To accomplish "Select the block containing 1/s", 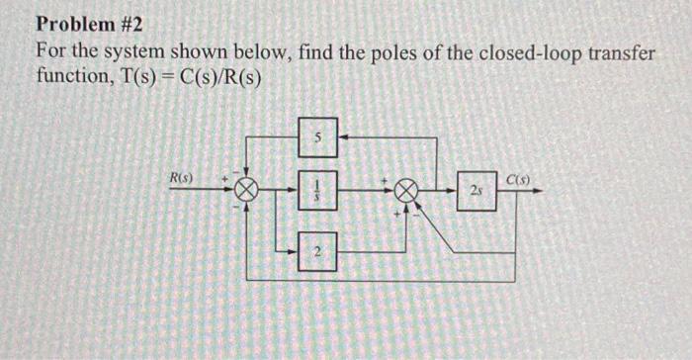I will tap(317, 189).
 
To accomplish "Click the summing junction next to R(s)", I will tap(246, 189).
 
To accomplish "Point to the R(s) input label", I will tap(180, 178).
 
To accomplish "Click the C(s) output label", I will tap(517, 178).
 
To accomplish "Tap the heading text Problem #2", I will tap(90, 23).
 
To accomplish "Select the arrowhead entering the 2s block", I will tap(457, 189).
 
